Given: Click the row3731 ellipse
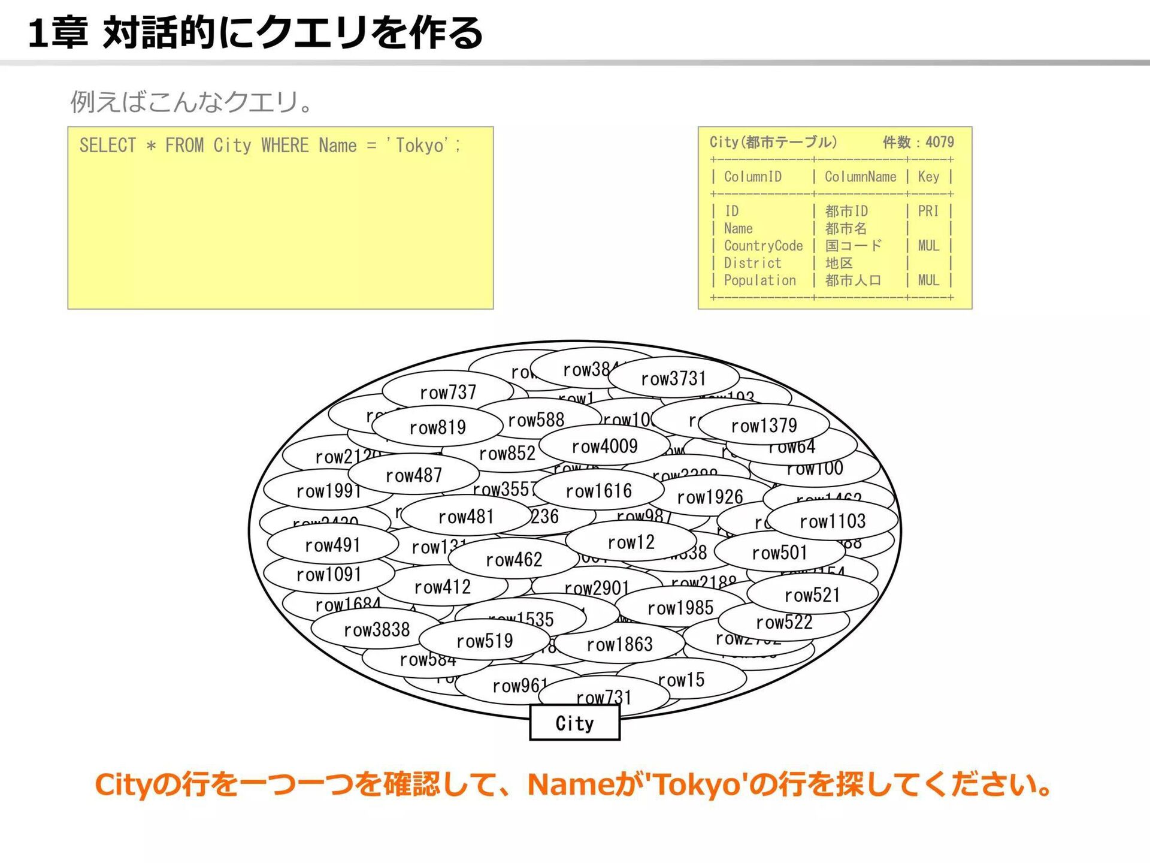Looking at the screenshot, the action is [673, 379].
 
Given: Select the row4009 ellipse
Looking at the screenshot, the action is [604, 446].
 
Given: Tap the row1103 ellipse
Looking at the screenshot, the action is [833, 521].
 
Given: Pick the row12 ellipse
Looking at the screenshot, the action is [631, 542].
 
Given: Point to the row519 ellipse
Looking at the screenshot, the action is [485, 641].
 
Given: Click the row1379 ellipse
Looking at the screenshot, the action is [764, 426].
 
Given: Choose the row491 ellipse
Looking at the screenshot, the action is [332, 545].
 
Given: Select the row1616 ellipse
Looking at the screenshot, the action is [598, 491].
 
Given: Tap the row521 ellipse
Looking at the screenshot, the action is [812, 595].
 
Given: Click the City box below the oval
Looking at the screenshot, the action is [574, 723].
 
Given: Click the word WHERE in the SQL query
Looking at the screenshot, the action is [285, 146].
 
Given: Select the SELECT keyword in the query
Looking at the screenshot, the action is [108, 146].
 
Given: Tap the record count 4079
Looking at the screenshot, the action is [939, 142].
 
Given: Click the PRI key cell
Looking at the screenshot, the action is [928, 211].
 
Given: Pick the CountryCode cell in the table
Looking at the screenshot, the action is [763, 246].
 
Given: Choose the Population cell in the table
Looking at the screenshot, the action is [759, 280].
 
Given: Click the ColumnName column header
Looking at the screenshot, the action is [860, 177].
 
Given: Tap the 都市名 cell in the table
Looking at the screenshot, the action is [846, 228].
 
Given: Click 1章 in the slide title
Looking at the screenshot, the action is [58, 33].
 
